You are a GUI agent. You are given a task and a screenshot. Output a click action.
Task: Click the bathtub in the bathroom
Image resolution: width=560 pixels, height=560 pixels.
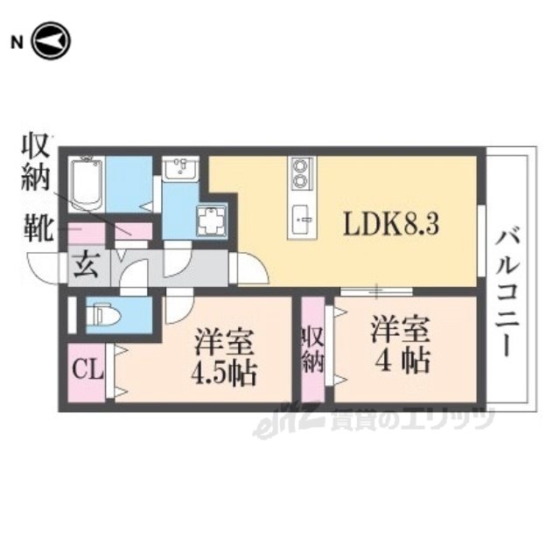[x=87, y=181]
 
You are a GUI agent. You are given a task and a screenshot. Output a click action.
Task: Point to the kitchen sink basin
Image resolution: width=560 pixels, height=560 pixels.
[x=300, y=214]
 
